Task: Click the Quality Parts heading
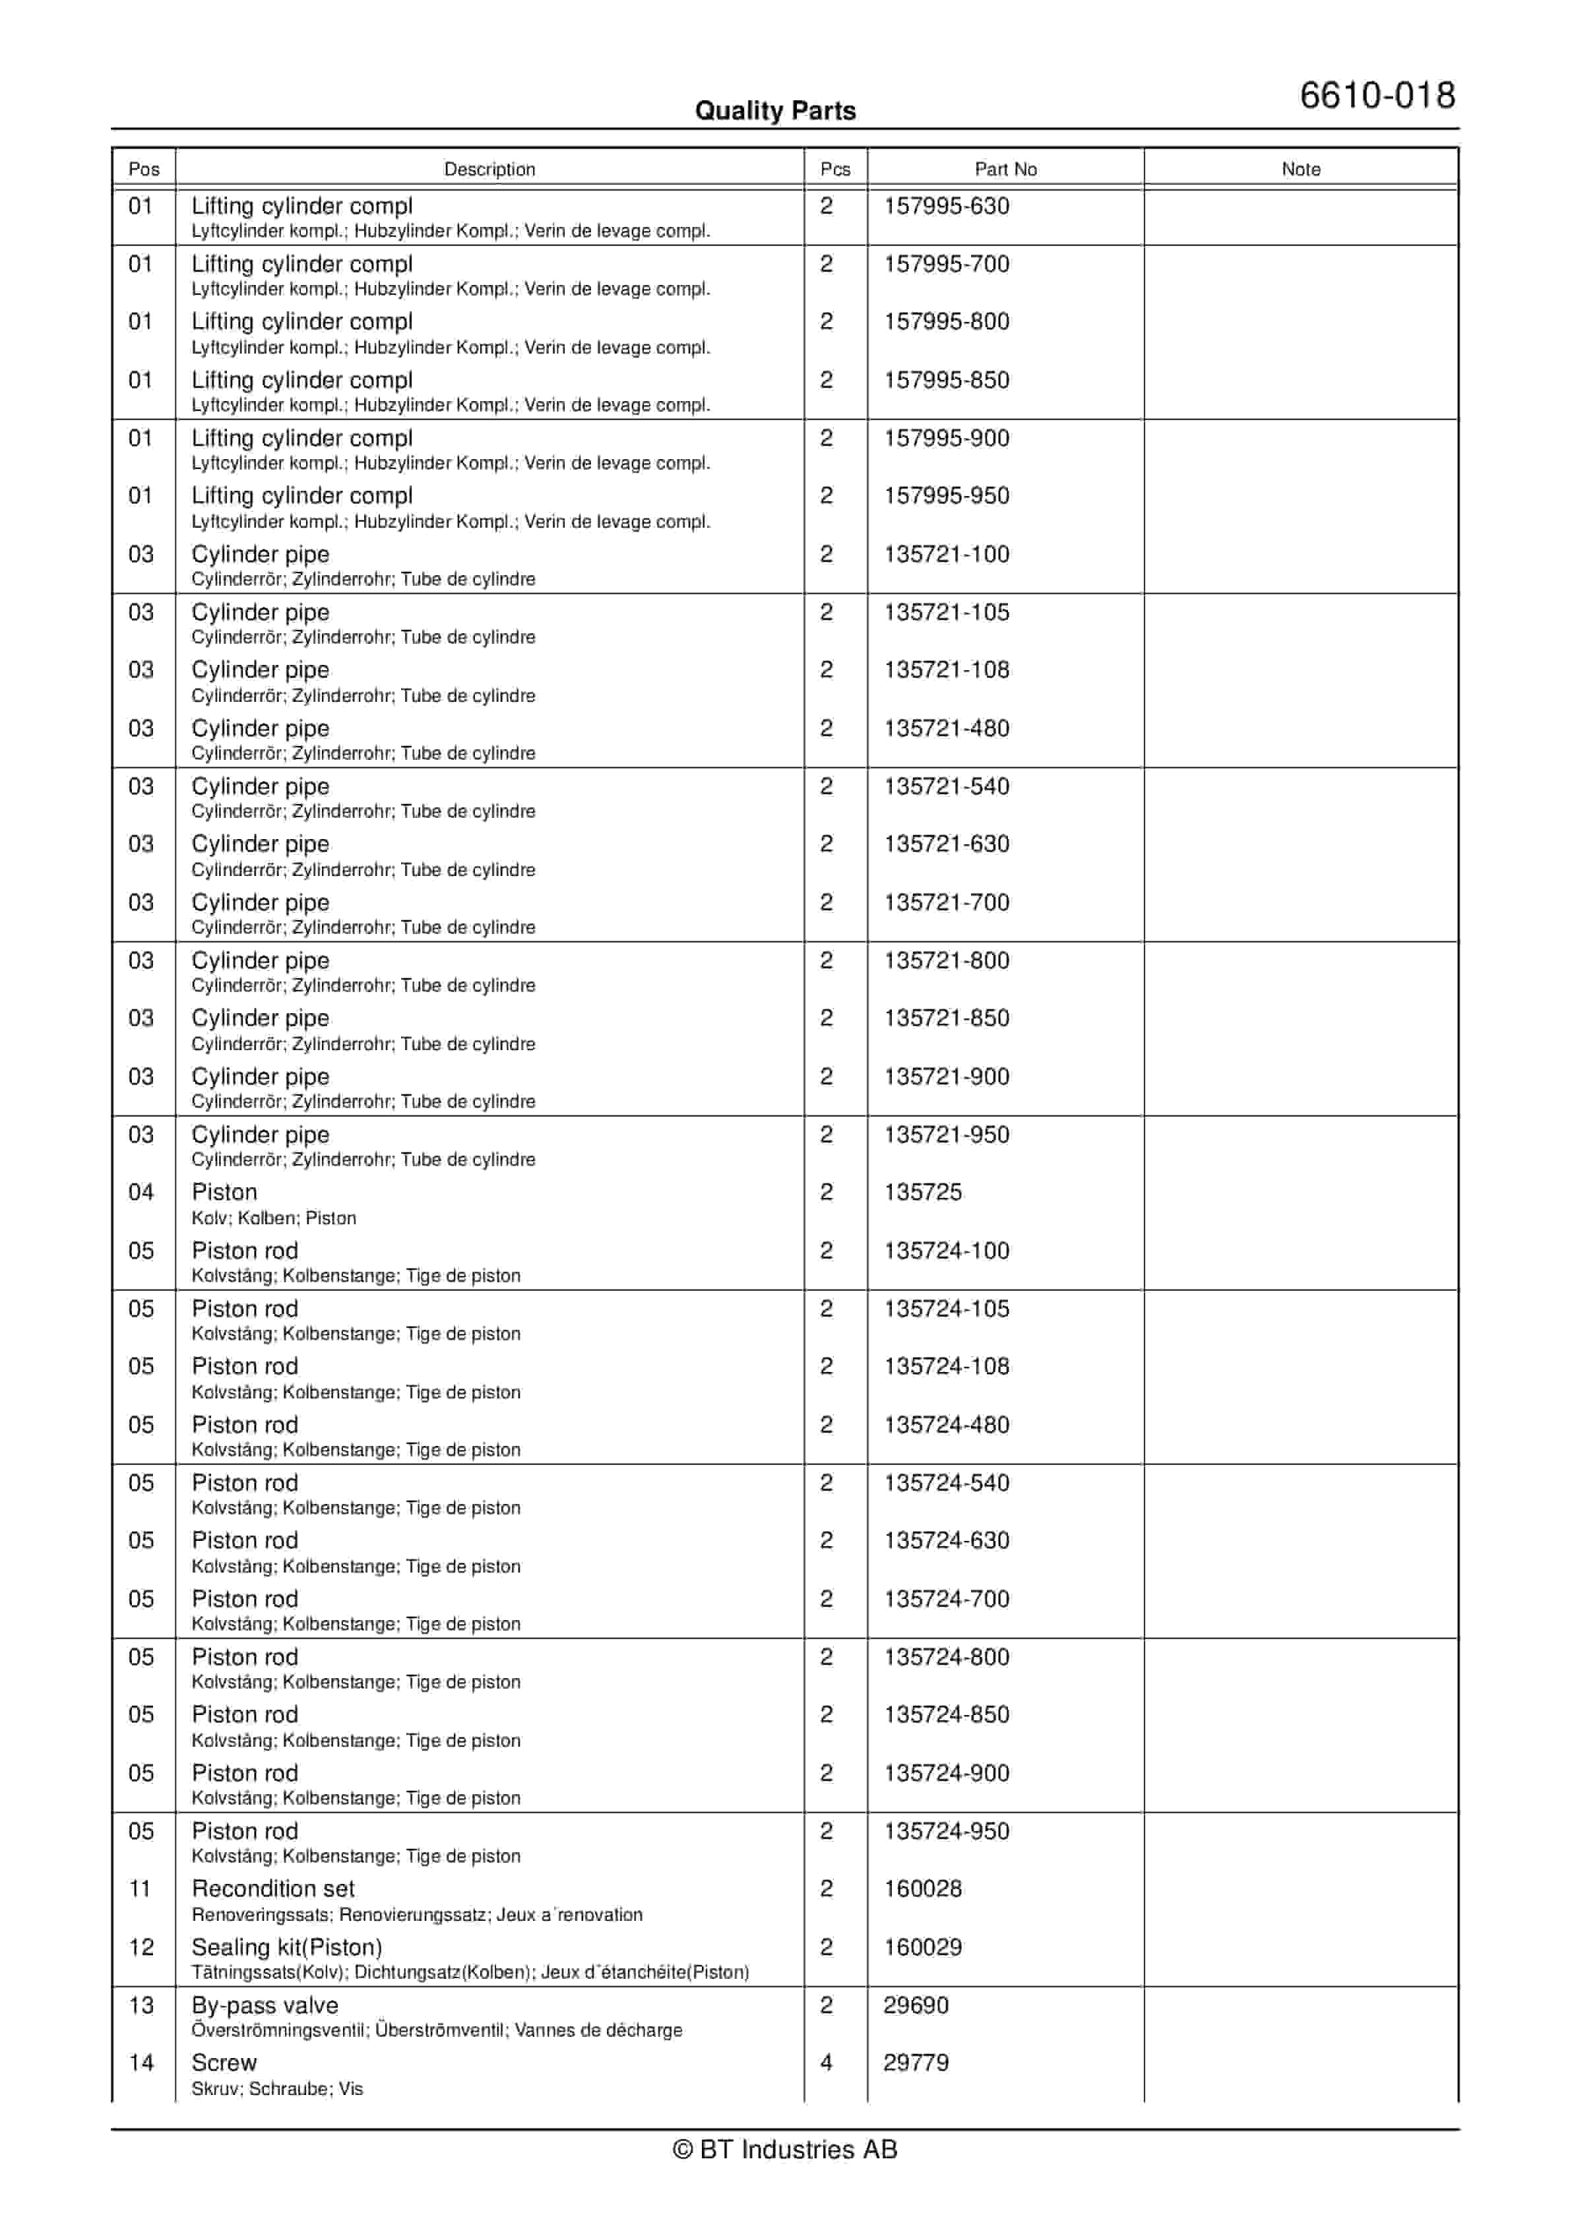click(x=775, y=111)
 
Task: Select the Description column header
click(x=489, y=169)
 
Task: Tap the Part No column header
click(x=1005, y=169)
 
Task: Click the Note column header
click(x=1300, y=169)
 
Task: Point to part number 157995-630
click(x=947, y=206)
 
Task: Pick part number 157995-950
click(x=947, y=496)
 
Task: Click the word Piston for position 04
click(x=224, y=1192)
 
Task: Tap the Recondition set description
click(x=272, y=1889)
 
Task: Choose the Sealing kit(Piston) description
click(x=286, y=1947)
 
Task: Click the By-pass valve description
click(x=265, y=2005)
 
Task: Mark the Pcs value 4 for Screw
click(x=827, y=2063)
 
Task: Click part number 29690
click(x=916, y=2005)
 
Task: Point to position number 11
click(x=140, y=1889)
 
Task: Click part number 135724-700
click(x=947, y=1598)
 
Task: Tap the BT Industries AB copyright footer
click(x=785, y=2150)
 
